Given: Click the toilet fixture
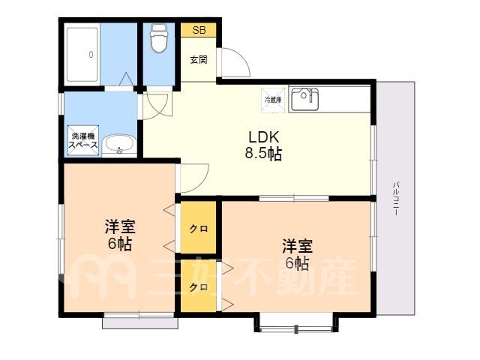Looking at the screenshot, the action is [159, 38].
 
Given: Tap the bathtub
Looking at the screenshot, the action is [82, 55].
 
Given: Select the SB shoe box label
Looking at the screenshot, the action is [199, 30].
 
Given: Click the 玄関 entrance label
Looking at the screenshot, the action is [199, 59].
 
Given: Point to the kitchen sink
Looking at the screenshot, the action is [304, 100].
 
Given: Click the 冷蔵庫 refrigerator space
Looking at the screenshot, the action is [273, 100].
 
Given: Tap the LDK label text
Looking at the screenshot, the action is [263, 137].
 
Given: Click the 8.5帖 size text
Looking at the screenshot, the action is [263, 154].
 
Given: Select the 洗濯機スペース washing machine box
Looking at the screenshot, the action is [83, 140].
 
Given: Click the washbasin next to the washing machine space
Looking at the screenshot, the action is [119, 144].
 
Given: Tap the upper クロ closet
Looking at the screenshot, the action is [199, 228].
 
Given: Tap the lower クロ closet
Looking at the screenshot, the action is [199, 286].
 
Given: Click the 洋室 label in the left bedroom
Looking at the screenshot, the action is [120, 226].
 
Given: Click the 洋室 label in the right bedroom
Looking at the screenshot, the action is [297, 247].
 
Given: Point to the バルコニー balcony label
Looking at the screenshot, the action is [396, 198].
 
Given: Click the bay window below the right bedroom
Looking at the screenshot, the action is [296, 324].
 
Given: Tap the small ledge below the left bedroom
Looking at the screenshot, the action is [140, 323].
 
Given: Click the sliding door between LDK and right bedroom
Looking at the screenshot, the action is [294, 198].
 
